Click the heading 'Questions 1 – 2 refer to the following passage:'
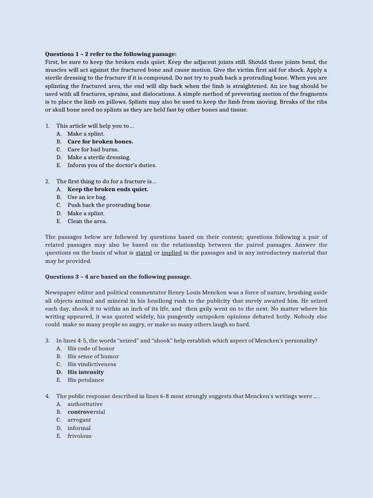pos(111,54)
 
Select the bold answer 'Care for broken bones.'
pos(100,142)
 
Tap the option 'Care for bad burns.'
pos(93,149)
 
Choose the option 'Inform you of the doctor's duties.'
pos(112,165)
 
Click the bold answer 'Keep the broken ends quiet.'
pos(108,189)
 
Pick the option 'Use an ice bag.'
pos(87,197)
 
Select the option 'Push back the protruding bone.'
pos(109,205)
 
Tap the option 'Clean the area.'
pos(87,221)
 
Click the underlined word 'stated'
pos(144,253)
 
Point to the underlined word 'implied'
pos(171,253)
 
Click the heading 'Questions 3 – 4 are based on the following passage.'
pos(118,277)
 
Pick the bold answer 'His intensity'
pos(85,372)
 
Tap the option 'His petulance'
pos(85,380)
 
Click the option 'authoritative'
pos(85,404)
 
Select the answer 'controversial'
pos(86,412)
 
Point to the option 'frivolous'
pos(79,436)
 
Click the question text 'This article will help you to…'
pos(95,126)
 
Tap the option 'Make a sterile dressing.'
pos(99,158)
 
